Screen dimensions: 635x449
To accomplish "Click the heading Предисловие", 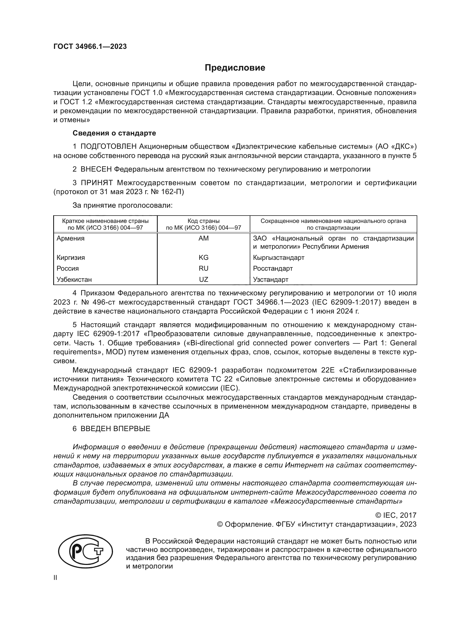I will coord(235,68).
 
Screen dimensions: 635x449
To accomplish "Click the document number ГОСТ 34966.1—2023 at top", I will coord(90,46).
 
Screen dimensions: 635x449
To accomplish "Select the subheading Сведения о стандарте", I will coord(114,133).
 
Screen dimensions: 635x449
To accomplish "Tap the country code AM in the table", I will coord(204,238).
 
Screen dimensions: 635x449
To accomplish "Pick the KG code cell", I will coord(204,257).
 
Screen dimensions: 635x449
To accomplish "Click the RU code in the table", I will coord(204,268).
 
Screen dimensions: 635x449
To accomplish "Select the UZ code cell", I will coord(204,280).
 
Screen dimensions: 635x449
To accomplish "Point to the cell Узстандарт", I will coord(270,280).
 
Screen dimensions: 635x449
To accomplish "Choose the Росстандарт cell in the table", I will coord(273,268).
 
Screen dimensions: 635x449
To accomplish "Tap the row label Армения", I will coord(71,238).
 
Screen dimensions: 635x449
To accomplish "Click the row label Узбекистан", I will coord(74,280).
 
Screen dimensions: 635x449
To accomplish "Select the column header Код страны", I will coord(204,221).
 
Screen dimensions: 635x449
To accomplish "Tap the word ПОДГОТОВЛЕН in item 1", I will coord(109,146).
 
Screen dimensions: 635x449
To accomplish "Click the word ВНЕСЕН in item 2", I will coord(96,169).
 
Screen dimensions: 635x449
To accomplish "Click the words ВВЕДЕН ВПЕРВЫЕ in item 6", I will coord(115,429).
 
